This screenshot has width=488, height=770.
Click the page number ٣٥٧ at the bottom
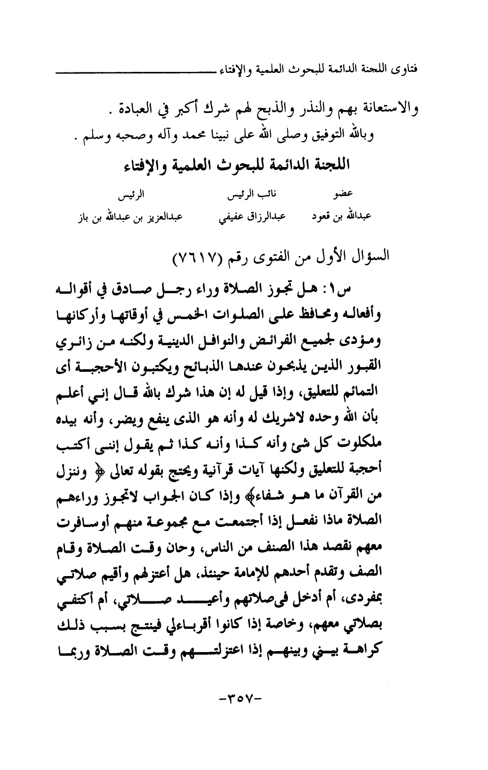[x=242, y=703]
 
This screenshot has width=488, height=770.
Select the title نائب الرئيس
[x=253, y=195]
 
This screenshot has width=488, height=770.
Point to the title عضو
[x=343, y=196]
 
